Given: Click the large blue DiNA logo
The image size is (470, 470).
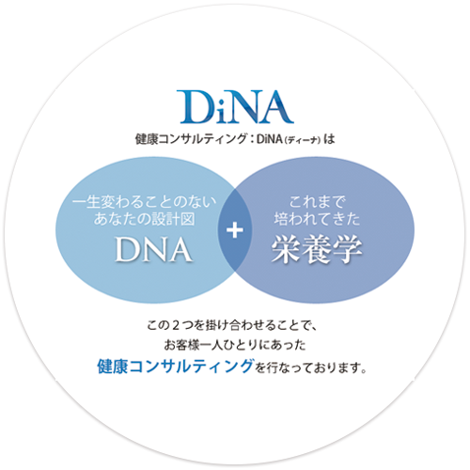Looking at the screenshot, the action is pyautogui.click(x=235, y=107).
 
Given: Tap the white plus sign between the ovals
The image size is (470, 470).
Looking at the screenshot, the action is pyautogui.click(x=235, y=230).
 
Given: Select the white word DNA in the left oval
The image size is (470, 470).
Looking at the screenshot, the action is pyautogui.click(x=153, y=249).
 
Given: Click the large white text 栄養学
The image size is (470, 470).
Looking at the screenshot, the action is pyautogui.click(x=317, y=249).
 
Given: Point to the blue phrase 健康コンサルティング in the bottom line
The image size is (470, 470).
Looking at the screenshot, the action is pyautogui.click(x=175, y=366).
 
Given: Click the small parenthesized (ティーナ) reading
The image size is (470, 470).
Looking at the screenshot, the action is pyautogui.click(x=303, y=140).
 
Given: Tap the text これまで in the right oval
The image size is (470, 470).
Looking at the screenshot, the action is pyautogui.click(x=317, y=202).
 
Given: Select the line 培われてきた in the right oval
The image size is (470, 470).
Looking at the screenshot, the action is pyautogui.click(x=317, y=219).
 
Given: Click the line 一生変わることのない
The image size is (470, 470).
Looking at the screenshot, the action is pyautogui.click(x=145, y=202).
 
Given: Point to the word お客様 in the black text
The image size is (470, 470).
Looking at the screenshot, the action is pyautogui.click(x=181, y=345).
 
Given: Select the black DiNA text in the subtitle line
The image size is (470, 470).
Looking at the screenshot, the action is pyautogui.click(x=270, y=139).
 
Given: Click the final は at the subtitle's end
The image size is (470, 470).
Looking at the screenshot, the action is pyautogui.click(x=329, y=139).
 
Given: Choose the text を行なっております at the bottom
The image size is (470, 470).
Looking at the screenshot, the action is pyautogui.click(x=310, y=368).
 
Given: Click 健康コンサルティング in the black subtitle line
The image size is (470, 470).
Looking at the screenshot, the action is pyautogui.click(x=191, y=139).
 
